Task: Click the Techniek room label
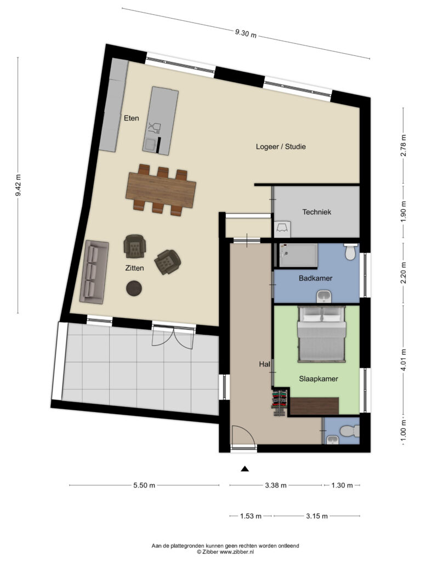(x=316, y=212)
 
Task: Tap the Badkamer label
(x=315, y=278)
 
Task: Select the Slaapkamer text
(x=318, y=379)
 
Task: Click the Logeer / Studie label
(x=281, y=146)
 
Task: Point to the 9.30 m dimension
(x=246, y=33)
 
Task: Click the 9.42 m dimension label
(x=18, y=185)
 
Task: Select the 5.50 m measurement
(x=144, y=485)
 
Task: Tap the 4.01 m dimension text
(x=404, y=360)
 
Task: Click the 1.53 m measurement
(x=251, y=516)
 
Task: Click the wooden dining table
(x=161, y=190)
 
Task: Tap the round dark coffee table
(x=134, y=288)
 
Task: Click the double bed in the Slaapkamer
(x=322, y=334)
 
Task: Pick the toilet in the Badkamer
(x=350, y=252)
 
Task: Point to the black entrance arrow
(x=245, y=469)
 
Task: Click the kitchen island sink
(x=150, y=145)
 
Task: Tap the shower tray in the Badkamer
(x=298, y=255)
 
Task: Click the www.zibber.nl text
(x=237, y=552)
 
